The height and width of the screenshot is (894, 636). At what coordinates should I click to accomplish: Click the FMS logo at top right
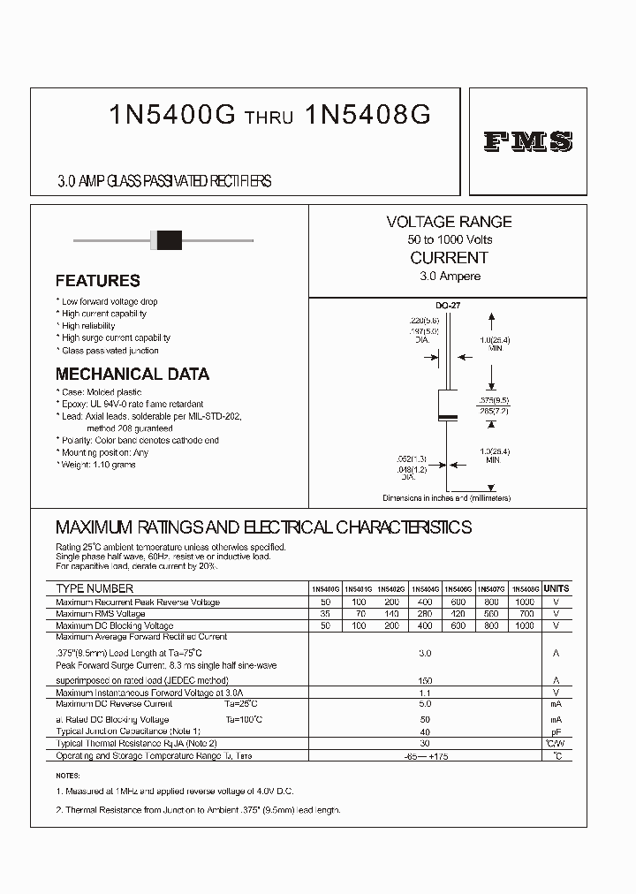(x=528, y=141)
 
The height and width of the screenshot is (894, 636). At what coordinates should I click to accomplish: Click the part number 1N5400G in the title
(x=171, y=115)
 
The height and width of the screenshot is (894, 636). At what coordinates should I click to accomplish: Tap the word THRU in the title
(x=269, y=117)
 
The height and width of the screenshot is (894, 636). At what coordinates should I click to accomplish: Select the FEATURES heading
(x=97, y=281)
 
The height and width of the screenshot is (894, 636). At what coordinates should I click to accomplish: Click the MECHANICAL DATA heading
(x=132, y=374)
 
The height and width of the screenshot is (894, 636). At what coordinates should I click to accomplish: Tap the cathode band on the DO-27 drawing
(x=449, y=416)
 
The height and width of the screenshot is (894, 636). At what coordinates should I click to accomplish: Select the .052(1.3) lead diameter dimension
(x=413, y=459)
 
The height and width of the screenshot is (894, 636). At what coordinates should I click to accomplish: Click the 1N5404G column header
(x=426, y=588)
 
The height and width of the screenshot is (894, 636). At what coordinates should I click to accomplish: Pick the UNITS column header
(x=556, y=588)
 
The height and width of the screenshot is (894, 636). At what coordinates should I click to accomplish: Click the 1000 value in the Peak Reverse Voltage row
(x=524, y=602)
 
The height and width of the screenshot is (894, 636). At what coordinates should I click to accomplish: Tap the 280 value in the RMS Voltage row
(x=426, y=613)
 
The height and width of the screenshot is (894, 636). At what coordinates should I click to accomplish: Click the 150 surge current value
(x=425, y=681)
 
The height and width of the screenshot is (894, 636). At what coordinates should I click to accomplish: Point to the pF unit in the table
(x=556, y=731)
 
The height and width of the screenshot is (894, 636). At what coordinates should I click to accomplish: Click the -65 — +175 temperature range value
(x=424, y=757)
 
